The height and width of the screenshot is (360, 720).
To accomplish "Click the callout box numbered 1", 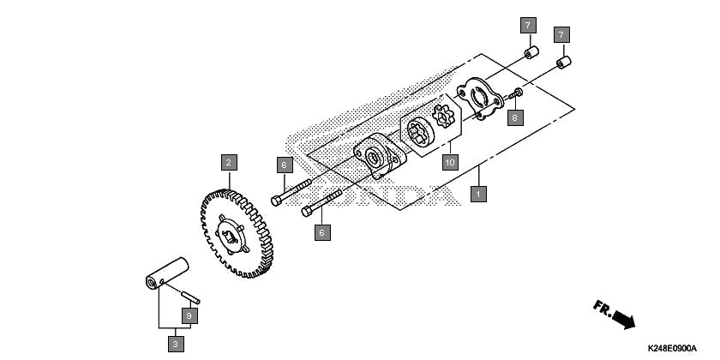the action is pyautogui.click(x=478, y=194).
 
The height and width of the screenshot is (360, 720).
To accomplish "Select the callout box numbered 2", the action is pyautogui.click(x=229, y=163).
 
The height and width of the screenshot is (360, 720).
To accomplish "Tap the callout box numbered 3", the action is pyautogui.click(x=176, y=344).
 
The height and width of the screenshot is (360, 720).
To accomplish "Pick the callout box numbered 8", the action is pyautogui.click(x=515, y=117).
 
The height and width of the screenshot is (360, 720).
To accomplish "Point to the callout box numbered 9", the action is pyautogui.click(x=189, y=316).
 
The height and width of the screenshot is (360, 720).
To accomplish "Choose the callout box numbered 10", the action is pyautogui.click(x=451, y=162).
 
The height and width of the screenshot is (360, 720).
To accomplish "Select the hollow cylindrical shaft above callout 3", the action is pyautogui.click(x=167, y=273).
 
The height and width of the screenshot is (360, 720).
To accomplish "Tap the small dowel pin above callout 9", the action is pyautogui.click(x=190, y=297).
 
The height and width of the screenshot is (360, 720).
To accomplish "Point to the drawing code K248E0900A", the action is pyautogui.click(x=672, y=349).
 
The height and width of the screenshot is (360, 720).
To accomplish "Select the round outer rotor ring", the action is pyautogui.click(x=420, y=133).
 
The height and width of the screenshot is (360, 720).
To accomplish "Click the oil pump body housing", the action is pyautogui.click(x=379, y=156).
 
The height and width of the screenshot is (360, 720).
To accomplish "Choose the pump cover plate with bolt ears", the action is pyautogui.click(x=480, y=99).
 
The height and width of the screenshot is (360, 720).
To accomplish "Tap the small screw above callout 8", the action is pyautogui.click(x=515, y=94).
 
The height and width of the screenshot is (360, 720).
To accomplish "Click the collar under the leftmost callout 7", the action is pyautogui.click(x=531, y=52).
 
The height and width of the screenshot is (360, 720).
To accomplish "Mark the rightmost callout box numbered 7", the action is pyautogui.click(x=561, y=34).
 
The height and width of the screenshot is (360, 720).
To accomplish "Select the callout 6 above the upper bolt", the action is pyautogui.click(x=285, y=165).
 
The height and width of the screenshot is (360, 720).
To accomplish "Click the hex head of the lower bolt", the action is pyautogui.click(x=307, y=211).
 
